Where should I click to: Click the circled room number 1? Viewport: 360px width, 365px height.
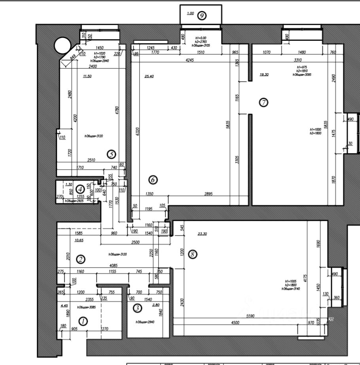[83, 321]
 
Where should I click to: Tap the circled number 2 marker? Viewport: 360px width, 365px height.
[81, 260]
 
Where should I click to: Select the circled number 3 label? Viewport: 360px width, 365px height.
[137, 308]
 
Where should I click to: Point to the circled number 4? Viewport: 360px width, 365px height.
[80, 189]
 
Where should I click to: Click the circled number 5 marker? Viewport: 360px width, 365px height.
[111, 154]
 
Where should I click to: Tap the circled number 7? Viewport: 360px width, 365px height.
[263, 103]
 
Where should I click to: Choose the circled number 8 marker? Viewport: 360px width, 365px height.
[193, 255]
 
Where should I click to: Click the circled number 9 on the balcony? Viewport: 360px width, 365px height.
[202, 15]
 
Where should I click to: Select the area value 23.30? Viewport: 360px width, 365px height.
[202, 234]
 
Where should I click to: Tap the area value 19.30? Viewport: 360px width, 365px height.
[264, 74]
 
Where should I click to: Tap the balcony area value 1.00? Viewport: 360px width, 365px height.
[190, 13]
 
